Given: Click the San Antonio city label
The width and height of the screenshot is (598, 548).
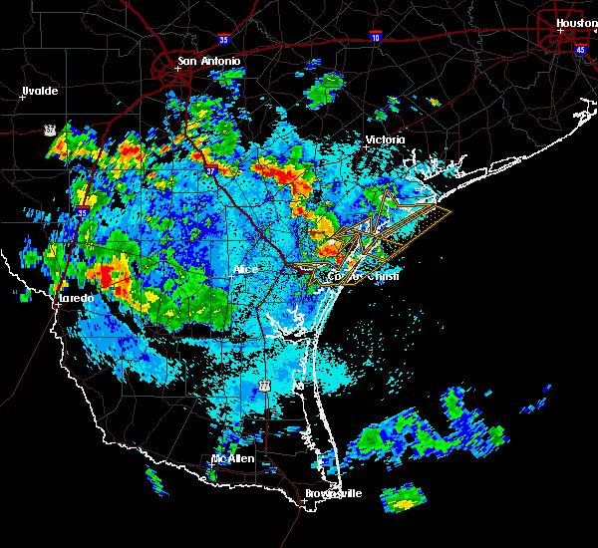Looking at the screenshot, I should click(209, 62).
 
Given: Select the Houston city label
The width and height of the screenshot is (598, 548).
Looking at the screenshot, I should click(577, 22).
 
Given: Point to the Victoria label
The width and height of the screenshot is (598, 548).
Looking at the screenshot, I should click(387, 140).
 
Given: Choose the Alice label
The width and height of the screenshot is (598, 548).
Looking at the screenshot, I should click(245, 270).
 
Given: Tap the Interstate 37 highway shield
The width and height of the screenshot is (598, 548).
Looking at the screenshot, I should click(210, 171).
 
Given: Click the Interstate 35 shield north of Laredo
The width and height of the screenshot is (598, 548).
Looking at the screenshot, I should click(82, 212).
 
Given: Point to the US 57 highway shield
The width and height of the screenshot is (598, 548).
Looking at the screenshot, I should click(49, 130).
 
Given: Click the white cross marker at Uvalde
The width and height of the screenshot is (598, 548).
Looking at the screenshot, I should click(23, 97).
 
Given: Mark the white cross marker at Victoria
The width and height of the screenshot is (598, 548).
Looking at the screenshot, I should click(367, 147).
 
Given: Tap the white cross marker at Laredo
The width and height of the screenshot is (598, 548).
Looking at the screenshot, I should click(57, 304).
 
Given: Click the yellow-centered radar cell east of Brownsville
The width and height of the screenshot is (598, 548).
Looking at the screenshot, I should click(403, 503).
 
